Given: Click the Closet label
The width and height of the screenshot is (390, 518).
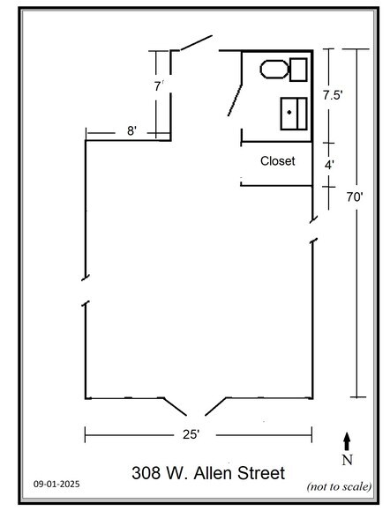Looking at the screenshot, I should tap(277, 161).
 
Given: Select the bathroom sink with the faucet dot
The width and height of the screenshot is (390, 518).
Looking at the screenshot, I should tap(293, 114).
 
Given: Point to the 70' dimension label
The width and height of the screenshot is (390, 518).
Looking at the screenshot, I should tap(355, 198).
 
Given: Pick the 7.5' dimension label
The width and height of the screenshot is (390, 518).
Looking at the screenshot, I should tap(333, 94).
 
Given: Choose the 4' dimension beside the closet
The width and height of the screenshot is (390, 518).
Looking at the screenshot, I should tap(329, 165).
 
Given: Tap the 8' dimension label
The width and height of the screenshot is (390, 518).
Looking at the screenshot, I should tap(131, 131).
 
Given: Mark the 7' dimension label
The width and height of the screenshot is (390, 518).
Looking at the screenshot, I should tap(159, 86).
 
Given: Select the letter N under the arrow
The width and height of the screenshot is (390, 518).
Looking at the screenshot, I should tap(347, 458).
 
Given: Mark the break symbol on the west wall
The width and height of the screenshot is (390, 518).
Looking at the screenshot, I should tap(84, 289).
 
